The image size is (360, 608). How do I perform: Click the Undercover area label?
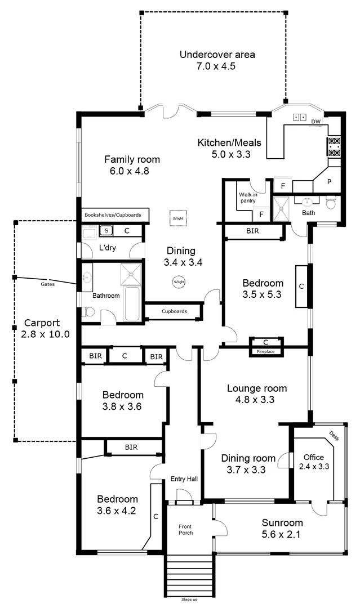pyautogui.click(x=217, y=55)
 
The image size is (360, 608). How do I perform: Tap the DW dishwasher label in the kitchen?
pyautogui.click(x=315, y=122)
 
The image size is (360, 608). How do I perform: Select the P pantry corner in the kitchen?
pyautogui.click(x=330, y=182)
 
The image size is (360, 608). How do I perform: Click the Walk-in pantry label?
pyautogui.click(x=247, y=197)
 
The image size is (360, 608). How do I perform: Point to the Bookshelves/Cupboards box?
pyautogui.click(x=113, y=214)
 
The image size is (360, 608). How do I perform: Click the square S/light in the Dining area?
pyautogui.click(x=178, y=218)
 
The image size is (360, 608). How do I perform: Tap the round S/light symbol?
pyautogui.click(x=179, y=281)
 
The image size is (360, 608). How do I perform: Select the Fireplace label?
pyautogui.click(x=266, y=351)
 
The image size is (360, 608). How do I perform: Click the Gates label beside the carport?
pyautogui.click(x=48, y=284)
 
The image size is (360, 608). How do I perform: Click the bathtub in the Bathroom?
pyautogui.click(x=133, y=304)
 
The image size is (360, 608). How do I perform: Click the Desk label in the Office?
pyautogui.click(x=334, y=435)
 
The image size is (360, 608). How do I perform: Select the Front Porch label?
pyautogui.click(x=185, y=530)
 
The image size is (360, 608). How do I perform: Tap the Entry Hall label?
pyautogui.click(x=184, y=479)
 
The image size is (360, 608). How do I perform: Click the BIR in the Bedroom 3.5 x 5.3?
pyautogui.click(x=252, y=231)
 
